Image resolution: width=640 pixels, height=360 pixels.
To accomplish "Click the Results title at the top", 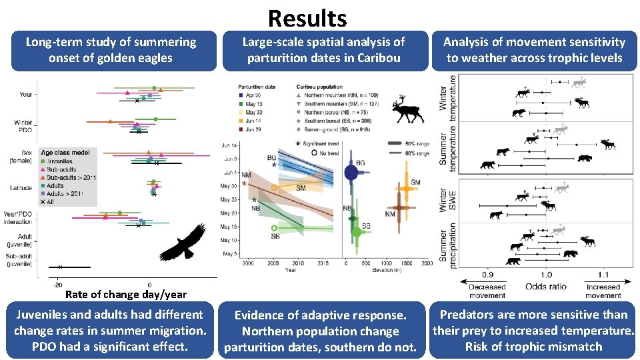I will pyautogui.click(x=307, y=17).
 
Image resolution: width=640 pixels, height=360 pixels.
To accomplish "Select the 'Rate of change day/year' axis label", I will pyautogui.click(x=126, y=294).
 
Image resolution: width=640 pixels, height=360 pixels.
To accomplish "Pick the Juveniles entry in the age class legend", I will pyautogui.click(x=61, y=161).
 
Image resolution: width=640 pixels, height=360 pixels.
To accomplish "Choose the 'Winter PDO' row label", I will pyautogui.click(x=23, y=126).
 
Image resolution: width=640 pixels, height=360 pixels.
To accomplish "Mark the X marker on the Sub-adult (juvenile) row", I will pyautogui.click(x=60, y=267).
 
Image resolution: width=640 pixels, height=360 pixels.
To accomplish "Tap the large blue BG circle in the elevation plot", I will pyautogui.click(x=351, y=173).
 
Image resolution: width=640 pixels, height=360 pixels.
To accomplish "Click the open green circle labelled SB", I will pyautogui.click(x=275, y=229).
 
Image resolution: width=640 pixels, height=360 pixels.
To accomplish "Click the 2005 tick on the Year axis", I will pyautogui.click(x=273, y=264).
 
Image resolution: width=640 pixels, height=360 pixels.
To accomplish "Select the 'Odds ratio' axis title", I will pyautogui.click(x=547, y=287).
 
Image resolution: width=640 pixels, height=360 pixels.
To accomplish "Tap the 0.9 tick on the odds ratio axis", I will pyautogui.click(x=488, y=275).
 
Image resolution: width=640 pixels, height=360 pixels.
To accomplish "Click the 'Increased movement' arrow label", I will pyautogui.click(x=603, y=291).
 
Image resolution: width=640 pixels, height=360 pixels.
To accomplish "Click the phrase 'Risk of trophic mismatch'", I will pyautogui.click(x=533, y=346).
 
